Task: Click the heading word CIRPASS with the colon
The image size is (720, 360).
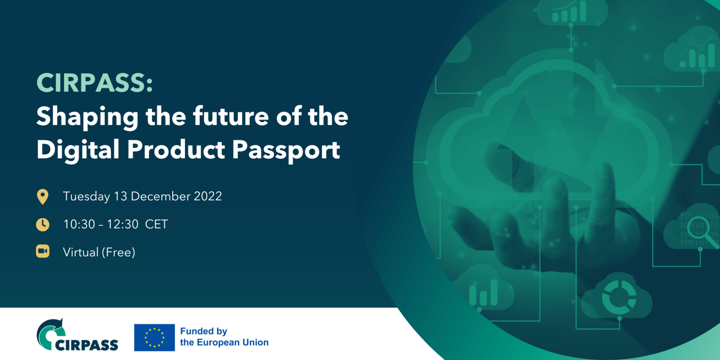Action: click(95, 83)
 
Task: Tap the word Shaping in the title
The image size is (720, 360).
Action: click(88, 117)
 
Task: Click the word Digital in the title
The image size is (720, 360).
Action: click(78, 149)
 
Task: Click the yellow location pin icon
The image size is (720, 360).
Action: click(43, 197)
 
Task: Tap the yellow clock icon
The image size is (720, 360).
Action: click(43, 224)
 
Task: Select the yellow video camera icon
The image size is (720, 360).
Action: click(43, 252)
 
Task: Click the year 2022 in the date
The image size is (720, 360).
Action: click(208, 196)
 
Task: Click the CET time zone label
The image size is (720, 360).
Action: click(156, 224)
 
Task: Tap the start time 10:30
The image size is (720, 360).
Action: click(79, 224)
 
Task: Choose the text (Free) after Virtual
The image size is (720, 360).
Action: click(118, 252)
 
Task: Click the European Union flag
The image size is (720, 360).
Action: click(154, 337)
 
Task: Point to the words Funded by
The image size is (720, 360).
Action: click(204, 331)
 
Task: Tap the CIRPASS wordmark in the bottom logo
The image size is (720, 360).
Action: click(87, 345)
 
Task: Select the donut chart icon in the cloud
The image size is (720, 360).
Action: click(619, 297)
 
